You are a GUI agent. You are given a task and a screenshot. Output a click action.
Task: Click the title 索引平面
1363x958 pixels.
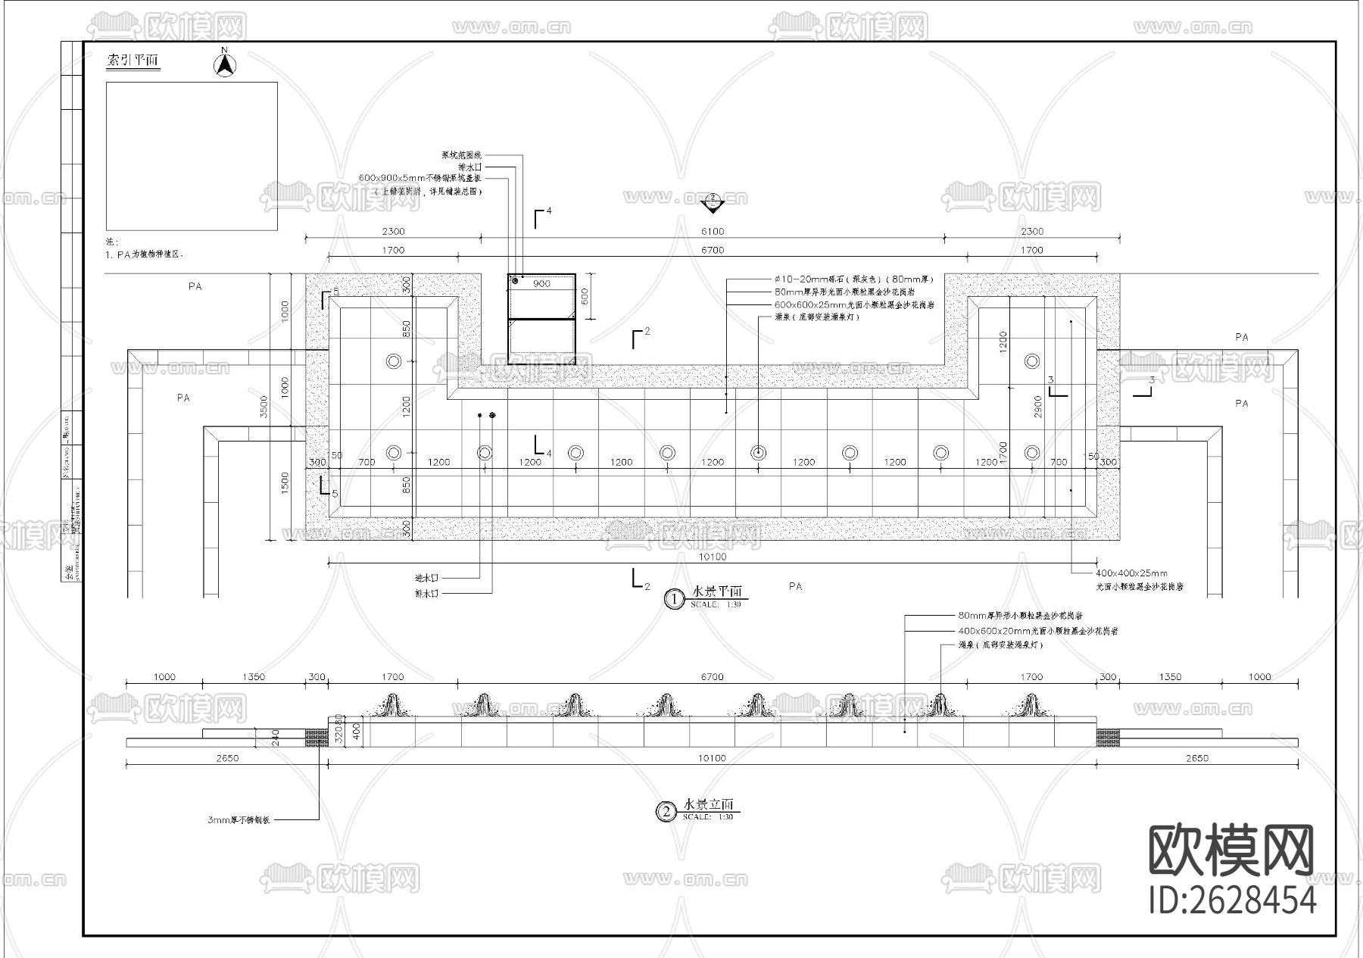[133, 61]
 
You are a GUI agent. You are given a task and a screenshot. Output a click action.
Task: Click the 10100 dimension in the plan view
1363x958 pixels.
[712, 557]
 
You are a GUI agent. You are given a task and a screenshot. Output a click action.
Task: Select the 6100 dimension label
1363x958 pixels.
[712, 231]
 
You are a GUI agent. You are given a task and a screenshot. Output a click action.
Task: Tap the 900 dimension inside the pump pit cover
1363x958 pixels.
[541, 284]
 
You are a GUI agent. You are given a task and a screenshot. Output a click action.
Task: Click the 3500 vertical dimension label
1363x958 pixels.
[264, 407]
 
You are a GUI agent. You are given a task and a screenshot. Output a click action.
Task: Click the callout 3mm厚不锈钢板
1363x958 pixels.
[239, 820]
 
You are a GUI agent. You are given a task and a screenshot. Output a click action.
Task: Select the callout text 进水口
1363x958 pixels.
[426, 578]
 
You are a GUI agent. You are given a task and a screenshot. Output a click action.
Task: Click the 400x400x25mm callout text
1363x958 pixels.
[1131, 573]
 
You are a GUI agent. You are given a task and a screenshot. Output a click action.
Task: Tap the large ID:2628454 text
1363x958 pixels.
[1233, 900]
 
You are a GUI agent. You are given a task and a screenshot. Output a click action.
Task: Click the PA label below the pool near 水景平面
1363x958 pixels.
[795, 586]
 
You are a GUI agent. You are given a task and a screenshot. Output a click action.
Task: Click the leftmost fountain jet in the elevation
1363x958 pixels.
[392, 705]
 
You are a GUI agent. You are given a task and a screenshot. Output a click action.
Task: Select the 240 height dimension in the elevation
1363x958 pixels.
[276, 738]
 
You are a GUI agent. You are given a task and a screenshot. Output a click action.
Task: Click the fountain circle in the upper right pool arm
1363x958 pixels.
[1031, 361]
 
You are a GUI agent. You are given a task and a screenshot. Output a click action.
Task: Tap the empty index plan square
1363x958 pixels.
[192, 156]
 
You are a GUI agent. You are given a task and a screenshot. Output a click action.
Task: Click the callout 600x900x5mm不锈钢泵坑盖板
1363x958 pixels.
[420, 178]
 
